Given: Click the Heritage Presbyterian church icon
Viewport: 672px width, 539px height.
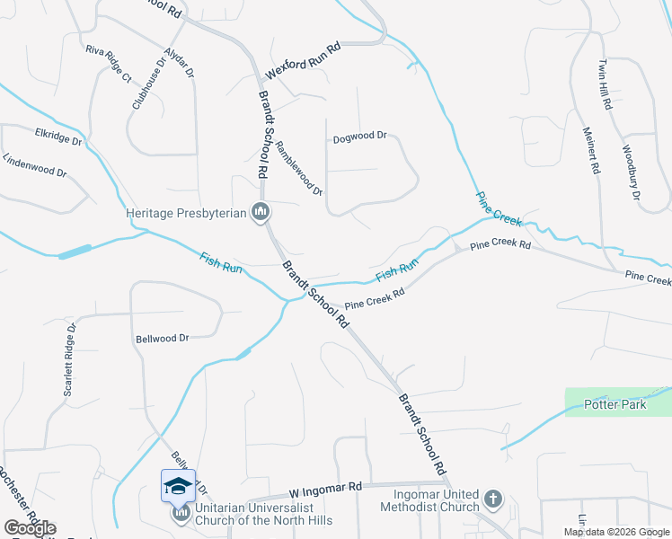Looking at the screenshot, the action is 261,213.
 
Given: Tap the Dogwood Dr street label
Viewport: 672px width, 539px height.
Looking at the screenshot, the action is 359,137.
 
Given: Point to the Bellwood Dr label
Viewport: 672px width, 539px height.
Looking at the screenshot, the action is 162,339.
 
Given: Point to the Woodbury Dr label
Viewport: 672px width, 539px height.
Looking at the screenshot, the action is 631,172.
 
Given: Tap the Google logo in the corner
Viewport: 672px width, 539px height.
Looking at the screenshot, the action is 30,528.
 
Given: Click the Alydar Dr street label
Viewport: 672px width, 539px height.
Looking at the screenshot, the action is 180,62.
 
